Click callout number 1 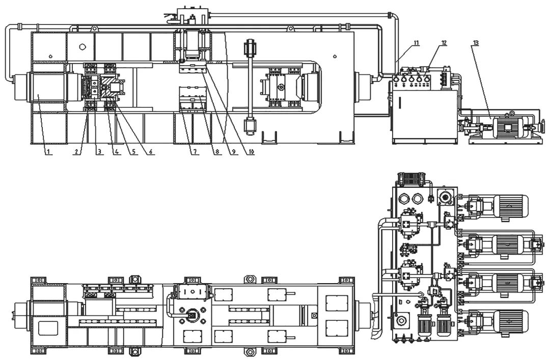(48, 152)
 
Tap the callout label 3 (100, 152)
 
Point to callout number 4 (116, 152)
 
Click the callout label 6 (150, 152)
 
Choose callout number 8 (217, 152)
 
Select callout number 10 (250, 152)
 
